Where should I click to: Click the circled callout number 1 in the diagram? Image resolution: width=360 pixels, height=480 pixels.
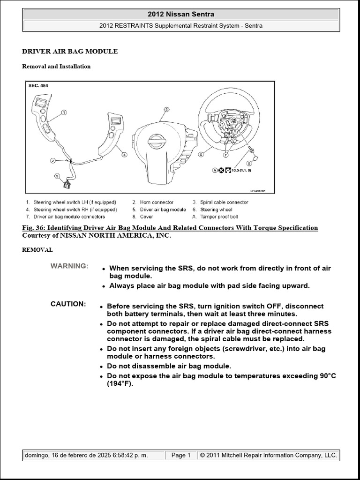coord(64,112)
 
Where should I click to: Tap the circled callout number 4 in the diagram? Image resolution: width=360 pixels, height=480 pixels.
coord(124,154)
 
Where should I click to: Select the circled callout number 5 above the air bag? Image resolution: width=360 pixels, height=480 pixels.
coord(165,109)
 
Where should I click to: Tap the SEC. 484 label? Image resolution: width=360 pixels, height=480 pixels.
coord(38,86)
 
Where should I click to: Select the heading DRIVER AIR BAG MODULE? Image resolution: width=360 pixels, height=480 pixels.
coord(70,51)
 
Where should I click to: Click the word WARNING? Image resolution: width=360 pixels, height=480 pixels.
coord(69,266)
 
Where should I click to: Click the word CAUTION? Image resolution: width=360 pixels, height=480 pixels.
coord(68,304)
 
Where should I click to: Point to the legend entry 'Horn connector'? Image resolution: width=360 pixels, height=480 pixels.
coord(157,202)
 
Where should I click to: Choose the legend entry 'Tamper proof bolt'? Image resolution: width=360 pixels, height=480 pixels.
coord(219,217)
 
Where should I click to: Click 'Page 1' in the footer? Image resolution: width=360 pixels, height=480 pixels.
coord(180,455)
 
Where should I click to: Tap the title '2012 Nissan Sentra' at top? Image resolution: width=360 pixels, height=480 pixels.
coord(180,15)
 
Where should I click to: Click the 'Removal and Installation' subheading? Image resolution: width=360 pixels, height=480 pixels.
coord(56,67)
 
